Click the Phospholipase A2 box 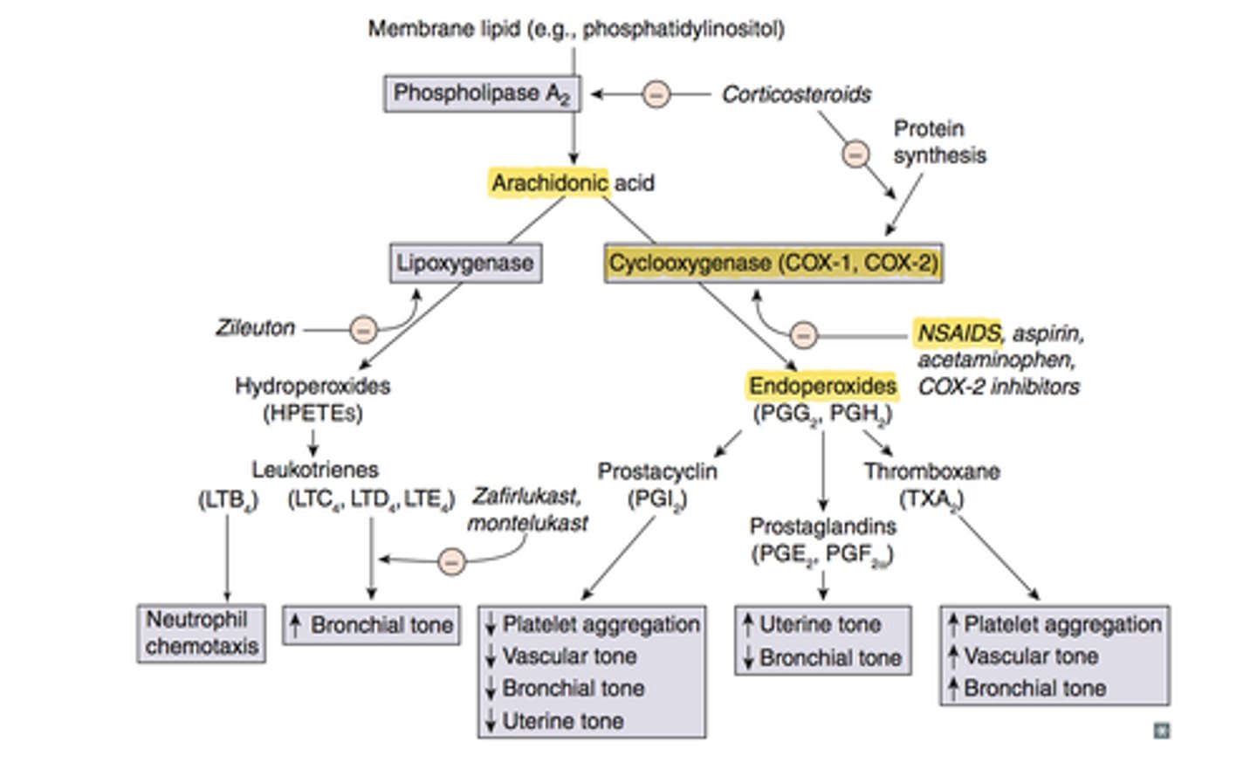click(481, 93)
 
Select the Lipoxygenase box click(465, 263)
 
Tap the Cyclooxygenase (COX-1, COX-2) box click(773, 263)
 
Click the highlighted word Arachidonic click(548, 183)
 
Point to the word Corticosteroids click(795, 94)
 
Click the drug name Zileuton click(255, 328)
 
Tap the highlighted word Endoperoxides click(822, 386)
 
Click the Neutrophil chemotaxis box click(202, 633)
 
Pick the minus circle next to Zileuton click(363, 330)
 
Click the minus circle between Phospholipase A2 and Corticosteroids click(656, 93)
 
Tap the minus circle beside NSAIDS click(803, 335)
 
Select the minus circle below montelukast click(451, 561)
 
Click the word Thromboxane click(931, 471)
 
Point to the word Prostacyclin click(656, 471)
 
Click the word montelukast click(527, 523)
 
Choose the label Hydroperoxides click(313, 386)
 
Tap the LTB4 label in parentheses click(228, 500)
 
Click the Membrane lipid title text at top click(575, 29)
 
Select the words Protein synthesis click(938, 141)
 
